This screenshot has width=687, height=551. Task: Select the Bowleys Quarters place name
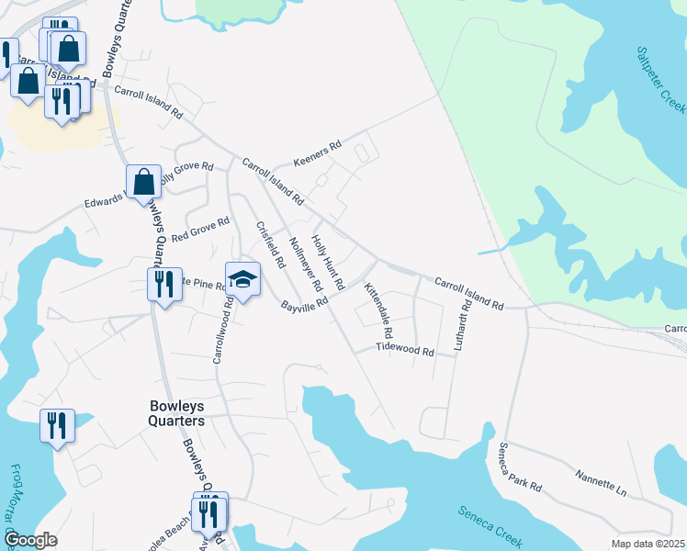tap(176, 413)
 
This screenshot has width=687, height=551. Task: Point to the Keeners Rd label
tap(317, 153)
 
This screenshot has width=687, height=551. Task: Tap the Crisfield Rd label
tap(270, 244)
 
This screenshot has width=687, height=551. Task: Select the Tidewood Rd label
tap(405, 351)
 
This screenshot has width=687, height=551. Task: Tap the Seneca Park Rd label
tap(521, 467)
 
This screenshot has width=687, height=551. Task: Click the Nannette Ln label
tap(601, 483)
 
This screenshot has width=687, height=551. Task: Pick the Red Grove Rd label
tap(199, 229)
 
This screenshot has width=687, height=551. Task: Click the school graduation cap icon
tap(242, 280)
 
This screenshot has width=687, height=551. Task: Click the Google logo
tap(30, 540)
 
